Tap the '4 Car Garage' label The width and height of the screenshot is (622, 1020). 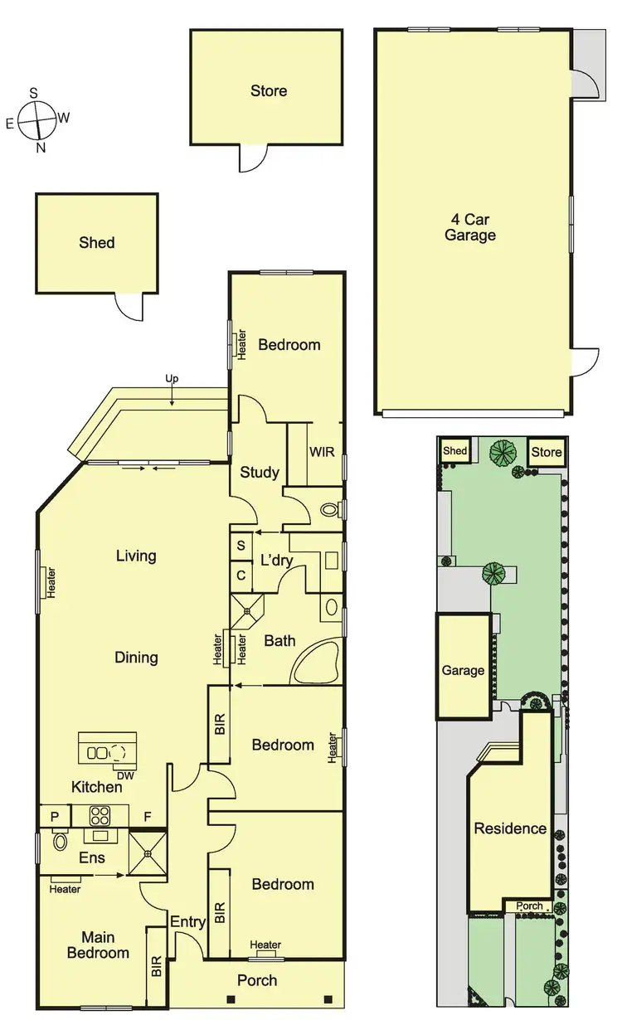(x=473, y=227)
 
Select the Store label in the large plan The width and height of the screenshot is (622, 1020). (x=269, y=90)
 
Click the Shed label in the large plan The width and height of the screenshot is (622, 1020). (x=96, y=243)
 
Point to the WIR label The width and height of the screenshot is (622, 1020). (x=322, y=454)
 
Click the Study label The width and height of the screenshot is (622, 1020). (x=259, y=473)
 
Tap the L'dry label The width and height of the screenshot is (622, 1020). (x=277, y=560)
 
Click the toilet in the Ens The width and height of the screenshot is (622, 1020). (x=59, y=843)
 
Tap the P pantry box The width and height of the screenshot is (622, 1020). (x=55, y=816)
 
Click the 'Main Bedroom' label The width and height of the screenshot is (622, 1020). (x=98, y=945)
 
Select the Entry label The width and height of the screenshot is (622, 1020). (x=187, y=921)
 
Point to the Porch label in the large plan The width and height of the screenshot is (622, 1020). (x=257, y=980)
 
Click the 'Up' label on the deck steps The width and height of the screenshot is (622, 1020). (x=172, y=379)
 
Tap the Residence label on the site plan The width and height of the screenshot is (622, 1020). (x=510, y=828)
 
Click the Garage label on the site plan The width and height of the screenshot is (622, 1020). (x=462, y=670)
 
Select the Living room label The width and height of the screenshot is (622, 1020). (x=136, y=556)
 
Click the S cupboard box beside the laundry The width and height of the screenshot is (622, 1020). (x=241, y=546)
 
